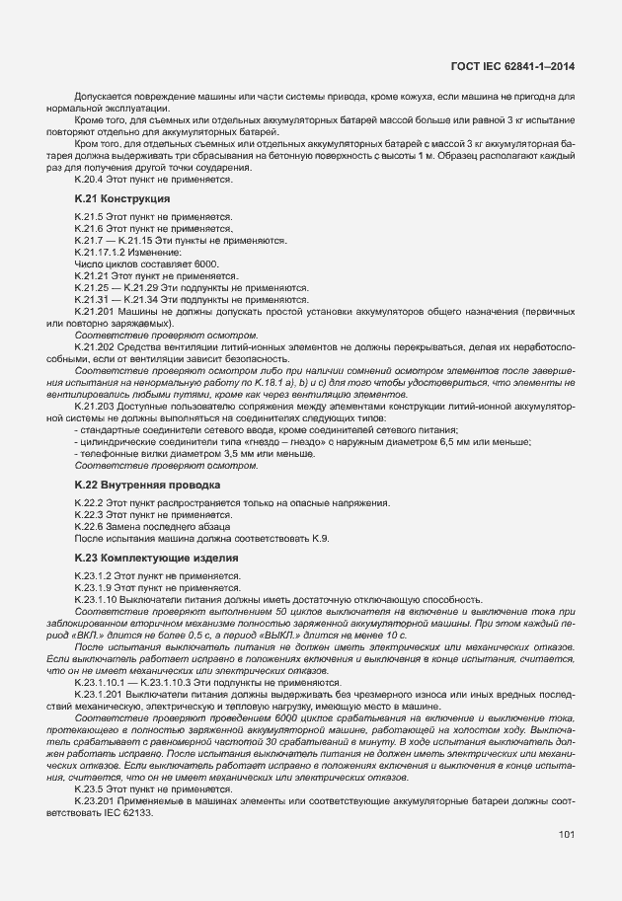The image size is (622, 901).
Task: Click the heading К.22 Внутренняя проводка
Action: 140,486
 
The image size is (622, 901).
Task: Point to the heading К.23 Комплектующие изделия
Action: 146,557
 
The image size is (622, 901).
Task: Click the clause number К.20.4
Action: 91,180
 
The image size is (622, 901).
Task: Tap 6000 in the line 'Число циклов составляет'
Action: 205,265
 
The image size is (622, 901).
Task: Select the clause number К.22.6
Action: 91,526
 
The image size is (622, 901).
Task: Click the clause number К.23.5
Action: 91,789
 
